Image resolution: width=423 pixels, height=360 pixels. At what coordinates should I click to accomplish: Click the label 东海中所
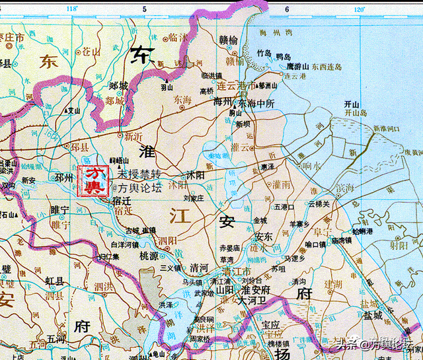(x=258, y=103)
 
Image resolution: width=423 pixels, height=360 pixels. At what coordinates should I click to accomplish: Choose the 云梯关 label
(x=319, y=203)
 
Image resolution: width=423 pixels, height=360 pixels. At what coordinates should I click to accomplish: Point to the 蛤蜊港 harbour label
(x=363, y=231)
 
